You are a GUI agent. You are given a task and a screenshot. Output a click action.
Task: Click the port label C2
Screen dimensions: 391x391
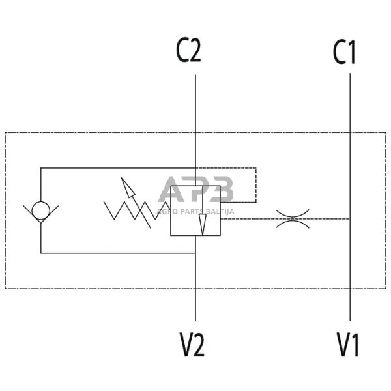[188, 52]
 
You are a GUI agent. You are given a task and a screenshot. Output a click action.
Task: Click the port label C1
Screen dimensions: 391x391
[344, 53]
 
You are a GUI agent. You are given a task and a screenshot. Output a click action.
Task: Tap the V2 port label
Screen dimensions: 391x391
[192, 345]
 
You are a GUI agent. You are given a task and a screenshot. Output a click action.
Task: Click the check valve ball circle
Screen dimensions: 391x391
[40, 211]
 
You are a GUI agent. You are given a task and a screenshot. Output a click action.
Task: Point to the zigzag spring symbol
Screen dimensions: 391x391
[130, 210]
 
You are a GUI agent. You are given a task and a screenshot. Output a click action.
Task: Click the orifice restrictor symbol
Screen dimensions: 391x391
[293, 219]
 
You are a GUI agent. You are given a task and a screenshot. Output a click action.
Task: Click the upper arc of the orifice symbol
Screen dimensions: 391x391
[293, 212]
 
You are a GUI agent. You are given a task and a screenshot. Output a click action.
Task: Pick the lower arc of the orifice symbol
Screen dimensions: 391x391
[293, 225]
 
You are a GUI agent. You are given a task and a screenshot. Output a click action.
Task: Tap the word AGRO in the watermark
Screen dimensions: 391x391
[168, 210]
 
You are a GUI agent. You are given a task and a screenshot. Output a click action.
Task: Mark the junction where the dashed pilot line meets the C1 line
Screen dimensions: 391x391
[350, 219]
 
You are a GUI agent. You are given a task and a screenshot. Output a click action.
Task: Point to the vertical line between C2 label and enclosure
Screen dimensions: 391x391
[195, 104]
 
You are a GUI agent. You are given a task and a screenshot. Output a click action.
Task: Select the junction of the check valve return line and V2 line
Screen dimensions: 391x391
[195, 253]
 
